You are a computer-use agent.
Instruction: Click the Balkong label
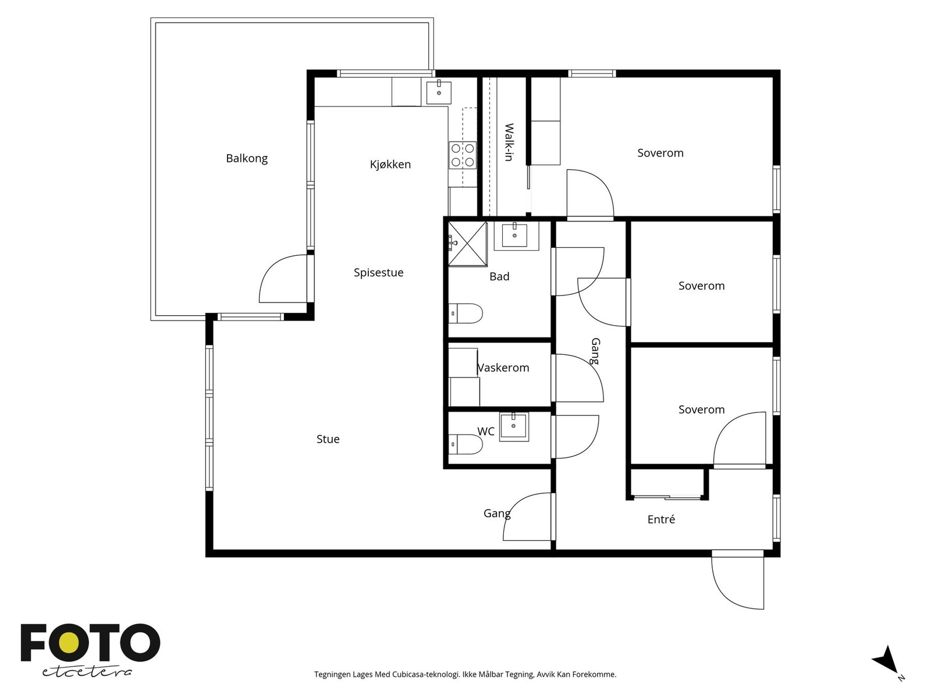click(x=247, y=158)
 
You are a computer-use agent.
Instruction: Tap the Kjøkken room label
click(x=390, y=165)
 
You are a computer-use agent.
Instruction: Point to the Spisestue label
click(x=378, y=272)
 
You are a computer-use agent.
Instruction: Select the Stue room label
click(x=328, y=439)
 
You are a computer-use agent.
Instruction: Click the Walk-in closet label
click(x=509, y=142)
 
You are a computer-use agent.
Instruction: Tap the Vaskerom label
click(x=503, y=368)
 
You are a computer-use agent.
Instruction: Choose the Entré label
click(x=661, y=519)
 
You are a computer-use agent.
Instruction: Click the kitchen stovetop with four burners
click(x=463, y=155)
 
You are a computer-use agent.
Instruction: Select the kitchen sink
click(x=439, y=92)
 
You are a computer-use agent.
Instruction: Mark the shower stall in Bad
click(x=468, y=244)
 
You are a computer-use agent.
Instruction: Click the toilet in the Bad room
click(x=465, y=314)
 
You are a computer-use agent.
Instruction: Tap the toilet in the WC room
click(x=465, y=444)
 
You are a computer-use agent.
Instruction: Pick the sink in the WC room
click(x=514, y=427)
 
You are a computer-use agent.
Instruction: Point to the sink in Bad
click(x=516, y=236)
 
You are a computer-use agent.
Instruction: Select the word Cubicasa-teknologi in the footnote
click(x=426, y=674)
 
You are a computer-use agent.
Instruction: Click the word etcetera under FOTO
click(x=87, y=672)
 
